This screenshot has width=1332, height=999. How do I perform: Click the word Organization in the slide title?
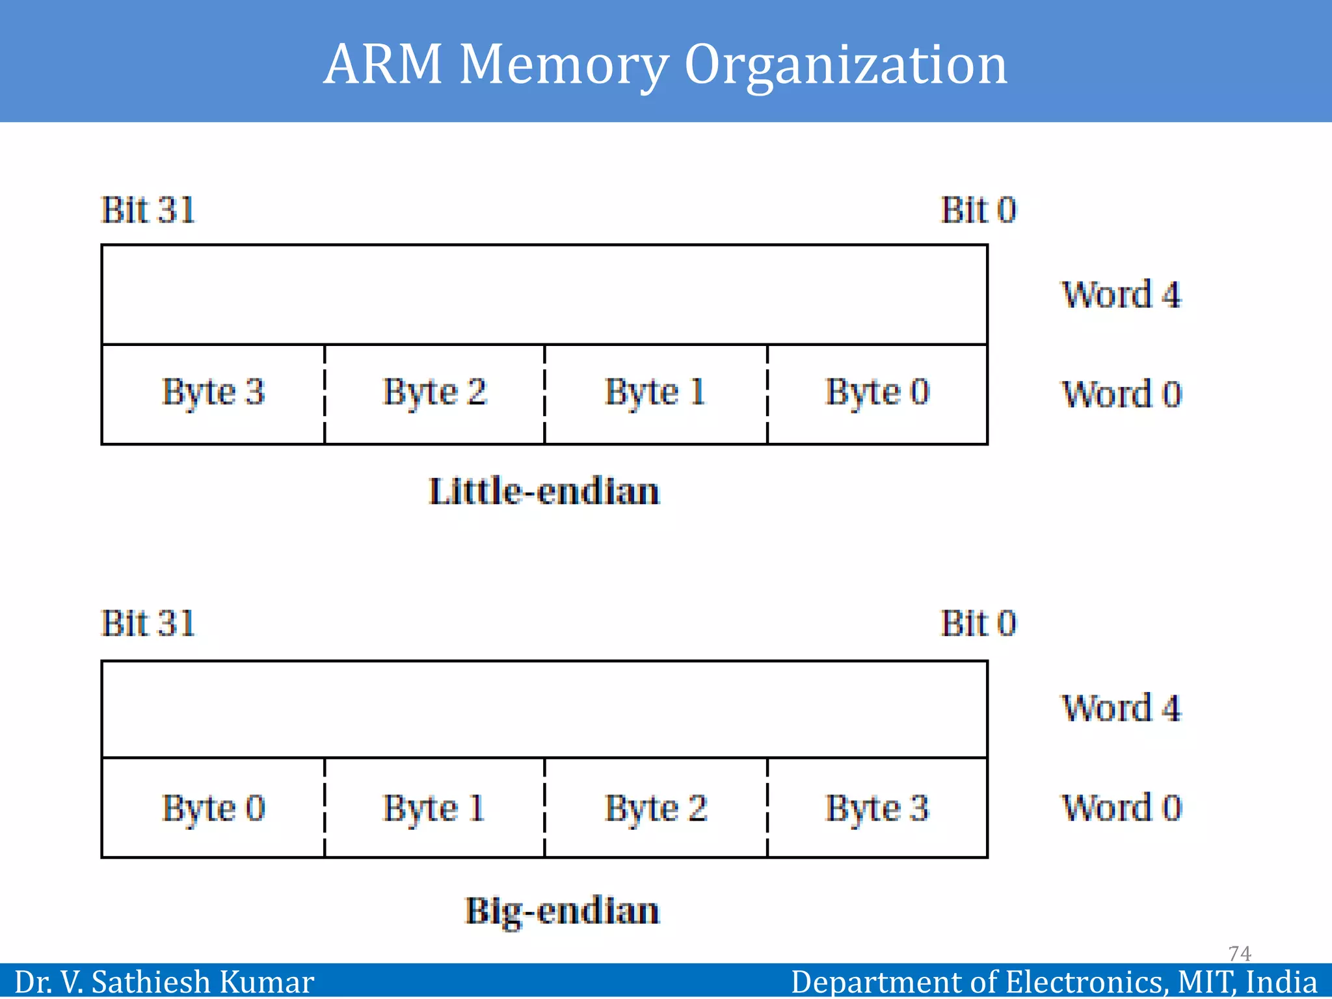click(x=846, y=65)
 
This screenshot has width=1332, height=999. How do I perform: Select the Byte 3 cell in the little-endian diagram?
click(x=213, y=393)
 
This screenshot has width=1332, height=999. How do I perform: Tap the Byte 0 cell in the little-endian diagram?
click(x=877, y=393)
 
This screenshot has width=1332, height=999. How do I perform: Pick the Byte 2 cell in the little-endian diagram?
click(x=434, y=393)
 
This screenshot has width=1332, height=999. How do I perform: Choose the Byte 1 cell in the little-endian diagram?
click(x=656, y=393)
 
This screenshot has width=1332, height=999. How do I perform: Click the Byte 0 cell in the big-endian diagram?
click(x=213, y=808)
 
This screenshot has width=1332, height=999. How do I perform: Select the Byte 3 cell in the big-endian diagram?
click(x=877, y=808)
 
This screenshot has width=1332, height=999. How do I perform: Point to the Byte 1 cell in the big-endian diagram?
click(x=434, y=808)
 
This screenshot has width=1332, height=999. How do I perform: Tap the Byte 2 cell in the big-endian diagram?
click(x=656, y=808)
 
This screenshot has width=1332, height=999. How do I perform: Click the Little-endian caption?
click(x=544, y=491)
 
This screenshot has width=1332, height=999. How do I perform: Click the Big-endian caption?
click(x=562, y=911)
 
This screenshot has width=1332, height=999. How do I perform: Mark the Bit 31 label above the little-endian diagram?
click(x=148, y=210)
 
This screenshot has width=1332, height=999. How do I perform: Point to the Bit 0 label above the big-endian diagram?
click(x=978, y=623)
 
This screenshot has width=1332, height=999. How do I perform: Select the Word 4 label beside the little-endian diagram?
click(x=1121, y=295)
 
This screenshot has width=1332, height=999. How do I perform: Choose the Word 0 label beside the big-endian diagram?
click(x=1121, y=808)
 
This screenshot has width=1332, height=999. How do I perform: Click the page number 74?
click(x=1240, y=953)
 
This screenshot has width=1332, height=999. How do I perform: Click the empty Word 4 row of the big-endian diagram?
click(x=544, y=709)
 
